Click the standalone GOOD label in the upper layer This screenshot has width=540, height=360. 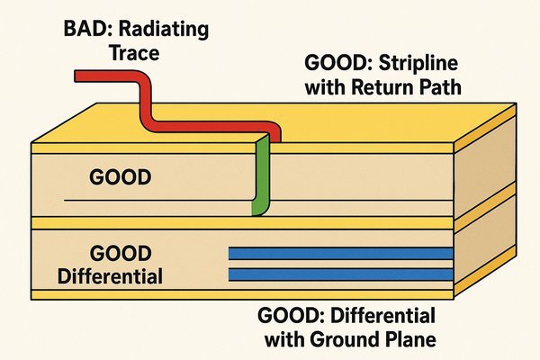tap(121, 178)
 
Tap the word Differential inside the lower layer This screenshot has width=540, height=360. tap(109, 275)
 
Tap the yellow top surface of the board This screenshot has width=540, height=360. tap(378, 126)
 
